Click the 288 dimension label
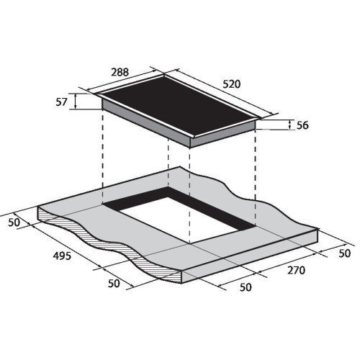click(x=120, y=72)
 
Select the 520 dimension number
click(x=232, y=84)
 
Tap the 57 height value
click(x=61, y=102)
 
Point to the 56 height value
click(x=302, y=125)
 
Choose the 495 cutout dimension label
click(x=62, y=256)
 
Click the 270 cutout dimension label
click(x=296, y=270)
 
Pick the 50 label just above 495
click(x=14, y=222)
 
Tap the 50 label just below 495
click(x=114, y=284)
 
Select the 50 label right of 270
click(x=345, y=253)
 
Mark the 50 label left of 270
click(x=246, y=287)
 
